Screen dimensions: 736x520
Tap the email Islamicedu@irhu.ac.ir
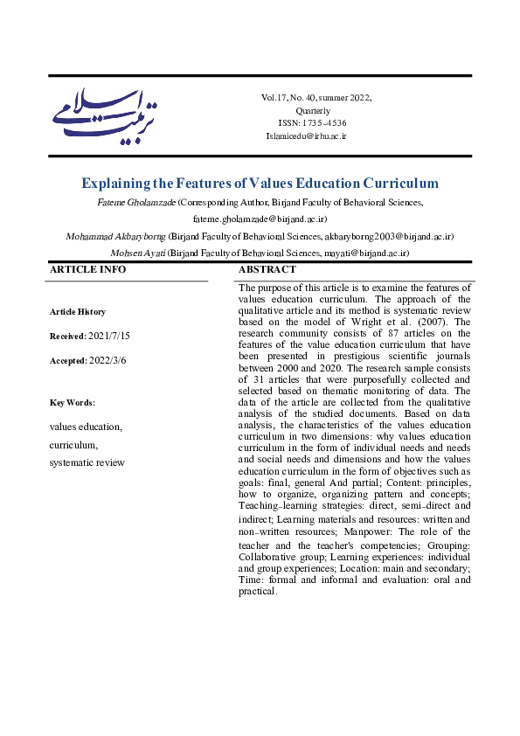coord(307,136)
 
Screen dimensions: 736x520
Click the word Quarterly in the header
coord(313,111)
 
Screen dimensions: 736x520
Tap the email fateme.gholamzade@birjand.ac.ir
coord(260,219)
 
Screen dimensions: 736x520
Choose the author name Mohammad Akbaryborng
coord(115,236)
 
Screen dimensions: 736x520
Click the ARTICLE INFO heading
coord(87,269)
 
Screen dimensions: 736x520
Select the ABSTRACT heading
coord(267,269)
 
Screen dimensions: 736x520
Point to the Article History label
coord(77,312)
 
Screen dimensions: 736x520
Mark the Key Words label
coord(72,403)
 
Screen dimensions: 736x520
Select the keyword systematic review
coord(87,462)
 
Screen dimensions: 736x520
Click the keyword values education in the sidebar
coord(86,427)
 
